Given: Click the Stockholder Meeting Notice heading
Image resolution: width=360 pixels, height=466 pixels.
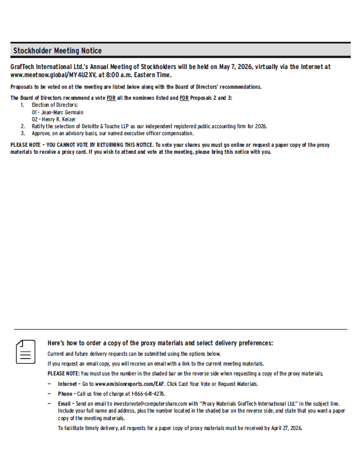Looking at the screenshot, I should tap(57, 51).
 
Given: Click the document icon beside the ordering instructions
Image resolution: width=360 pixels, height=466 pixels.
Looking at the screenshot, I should tap(25, 351).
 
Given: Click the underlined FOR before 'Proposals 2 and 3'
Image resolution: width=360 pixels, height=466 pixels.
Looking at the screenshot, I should tap(184, 98).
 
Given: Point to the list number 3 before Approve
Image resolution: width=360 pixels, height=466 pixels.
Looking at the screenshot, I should tap(23, 133).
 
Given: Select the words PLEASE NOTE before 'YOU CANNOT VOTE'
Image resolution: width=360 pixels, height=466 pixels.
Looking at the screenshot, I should tap(26, 145).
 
